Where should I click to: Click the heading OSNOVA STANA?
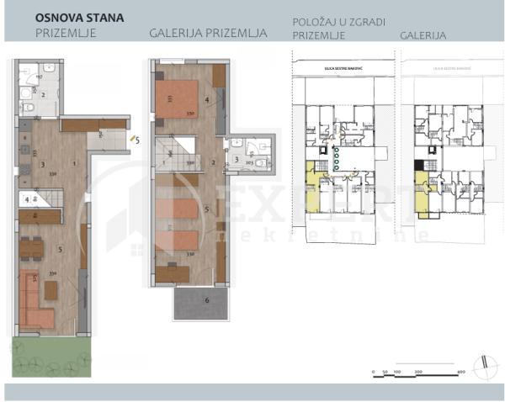point(80,16)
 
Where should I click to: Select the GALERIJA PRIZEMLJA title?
point(208,34)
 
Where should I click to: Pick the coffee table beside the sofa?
point(52,289)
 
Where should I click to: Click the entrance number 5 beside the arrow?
point(137,140)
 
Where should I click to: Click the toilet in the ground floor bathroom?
point(28,108)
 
